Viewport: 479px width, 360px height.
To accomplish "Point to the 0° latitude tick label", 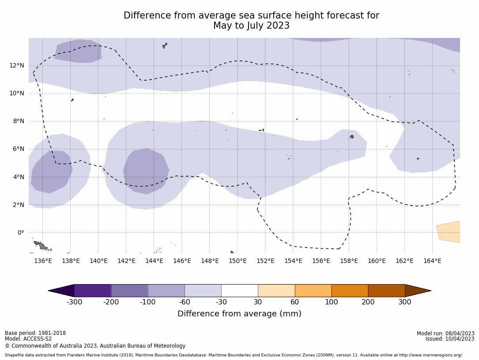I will (20, 233).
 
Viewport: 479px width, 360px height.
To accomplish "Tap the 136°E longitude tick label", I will (43, 261).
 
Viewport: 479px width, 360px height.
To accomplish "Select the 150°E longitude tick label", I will (238, 261).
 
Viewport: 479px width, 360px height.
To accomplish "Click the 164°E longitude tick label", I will (432, 261).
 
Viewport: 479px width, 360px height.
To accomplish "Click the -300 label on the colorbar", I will (75, 302).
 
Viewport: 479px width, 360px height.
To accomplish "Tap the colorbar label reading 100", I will (331, 302).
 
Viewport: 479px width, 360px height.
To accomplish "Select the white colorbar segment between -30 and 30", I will (239, 291).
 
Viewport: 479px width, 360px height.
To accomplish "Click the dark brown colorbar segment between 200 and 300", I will (386, 291).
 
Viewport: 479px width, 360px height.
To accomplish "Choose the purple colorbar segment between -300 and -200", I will (93, 291).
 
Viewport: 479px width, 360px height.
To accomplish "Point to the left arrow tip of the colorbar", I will (50, 291).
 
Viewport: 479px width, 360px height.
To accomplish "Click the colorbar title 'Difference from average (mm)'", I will (239, 314).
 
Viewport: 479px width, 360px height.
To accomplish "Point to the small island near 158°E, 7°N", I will (352, 137).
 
